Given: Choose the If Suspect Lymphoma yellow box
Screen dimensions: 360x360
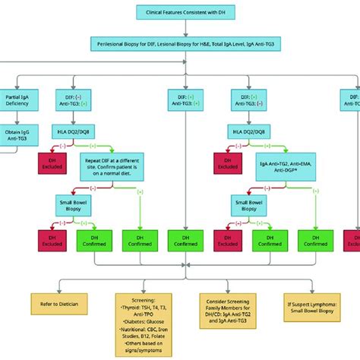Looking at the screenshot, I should [311, 303].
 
